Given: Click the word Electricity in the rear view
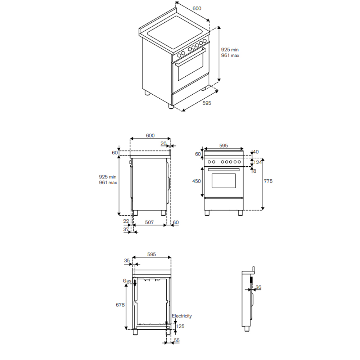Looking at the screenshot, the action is coord(181,316).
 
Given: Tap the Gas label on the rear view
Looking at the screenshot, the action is coord(127,281).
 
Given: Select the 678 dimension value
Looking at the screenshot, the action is coord(120,305).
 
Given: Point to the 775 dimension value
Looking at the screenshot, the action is coord(268,181).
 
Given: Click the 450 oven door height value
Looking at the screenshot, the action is coord(197,181).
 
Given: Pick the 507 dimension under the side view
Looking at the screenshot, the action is coord(149,222).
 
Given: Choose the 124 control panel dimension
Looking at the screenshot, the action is coord(258,162).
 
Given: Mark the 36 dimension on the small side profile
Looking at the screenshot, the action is coord(258,287).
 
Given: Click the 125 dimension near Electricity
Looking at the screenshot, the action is coord(180,326).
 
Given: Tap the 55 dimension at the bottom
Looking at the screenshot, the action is coord(176,340).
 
